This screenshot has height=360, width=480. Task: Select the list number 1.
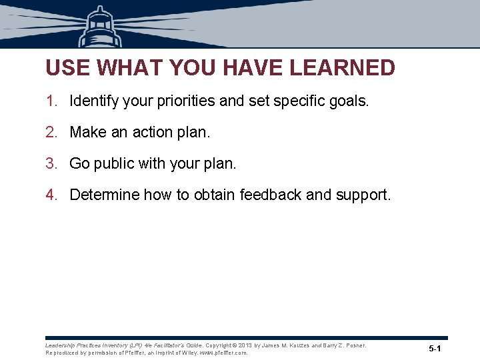[x=51, y=101]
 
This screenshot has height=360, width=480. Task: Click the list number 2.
[x=51, y=133]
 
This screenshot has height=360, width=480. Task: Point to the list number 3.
[x=51, y=163]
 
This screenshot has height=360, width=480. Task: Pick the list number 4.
[x=51, y=195]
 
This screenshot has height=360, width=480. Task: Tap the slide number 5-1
[x=435, y=349]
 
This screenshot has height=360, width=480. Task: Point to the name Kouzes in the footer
[x=297, y=345]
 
